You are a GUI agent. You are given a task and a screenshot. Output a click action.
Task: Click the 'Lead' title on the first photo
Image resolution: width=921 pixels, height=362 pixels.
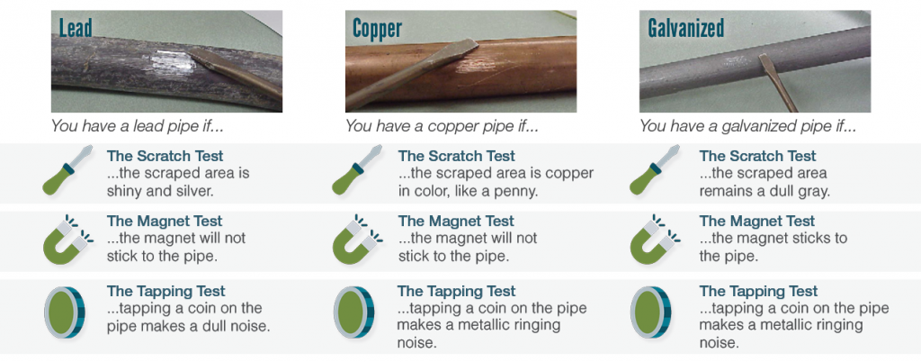tap(76, 28)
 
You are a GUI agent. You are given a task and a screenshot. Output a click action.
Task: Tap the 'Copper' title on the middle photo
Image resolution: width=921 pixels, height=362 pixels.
tap(377, 28)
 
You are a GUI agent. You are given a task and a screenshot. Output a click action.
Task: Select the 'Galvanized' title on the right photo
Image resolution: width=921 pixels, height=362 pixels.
tap(685, 28)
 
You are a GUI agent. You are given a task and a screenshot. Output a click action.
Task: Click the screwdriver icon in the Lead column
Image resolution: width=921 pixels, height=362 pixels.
tap(68, 170)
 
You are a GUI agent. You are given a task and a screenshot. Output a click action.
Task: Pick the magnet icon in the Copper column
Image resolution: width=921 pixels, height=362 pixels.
tap(357, 238)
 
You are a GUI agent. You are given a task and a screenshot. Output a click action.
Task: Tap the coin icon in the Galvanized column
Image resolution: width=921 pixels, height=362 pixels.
tap(650, 312)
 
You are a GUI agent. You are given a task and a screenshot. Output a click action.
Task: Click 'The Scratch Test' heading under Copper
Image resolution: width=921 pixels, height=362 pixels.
tap(456, 157)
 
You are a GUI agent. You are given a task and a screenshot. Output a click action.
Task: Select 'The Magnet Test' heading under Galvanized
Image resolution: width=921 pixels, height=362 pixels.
tap(757, 222)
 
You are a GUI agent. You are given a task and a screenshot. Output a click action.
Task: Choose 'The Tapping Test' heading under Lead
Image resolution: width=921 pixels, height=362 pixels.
tap(166, 292)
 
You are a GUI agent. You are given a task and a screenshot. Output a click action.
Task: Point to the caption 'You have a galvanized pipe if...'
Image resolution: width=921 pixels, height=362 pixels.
tap(748, 126)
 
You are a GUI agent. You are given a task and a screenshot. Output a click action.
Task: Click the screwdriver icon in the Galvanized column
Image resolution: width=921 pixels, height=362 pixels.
tap(655, 170)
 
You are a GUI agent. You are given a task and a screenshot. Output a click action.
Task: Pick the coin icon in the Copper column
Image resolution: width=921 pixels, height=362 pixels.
tap(353, 312)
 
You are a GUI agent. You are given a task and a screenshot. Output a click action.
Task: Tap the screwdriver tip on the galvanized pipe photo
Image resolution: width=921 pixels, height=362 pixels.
tap(763, 59)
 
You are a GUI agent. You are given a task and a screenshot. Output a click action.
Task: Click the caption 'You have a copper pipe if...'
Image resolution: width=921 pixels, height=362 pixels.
tap(441, 126)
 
